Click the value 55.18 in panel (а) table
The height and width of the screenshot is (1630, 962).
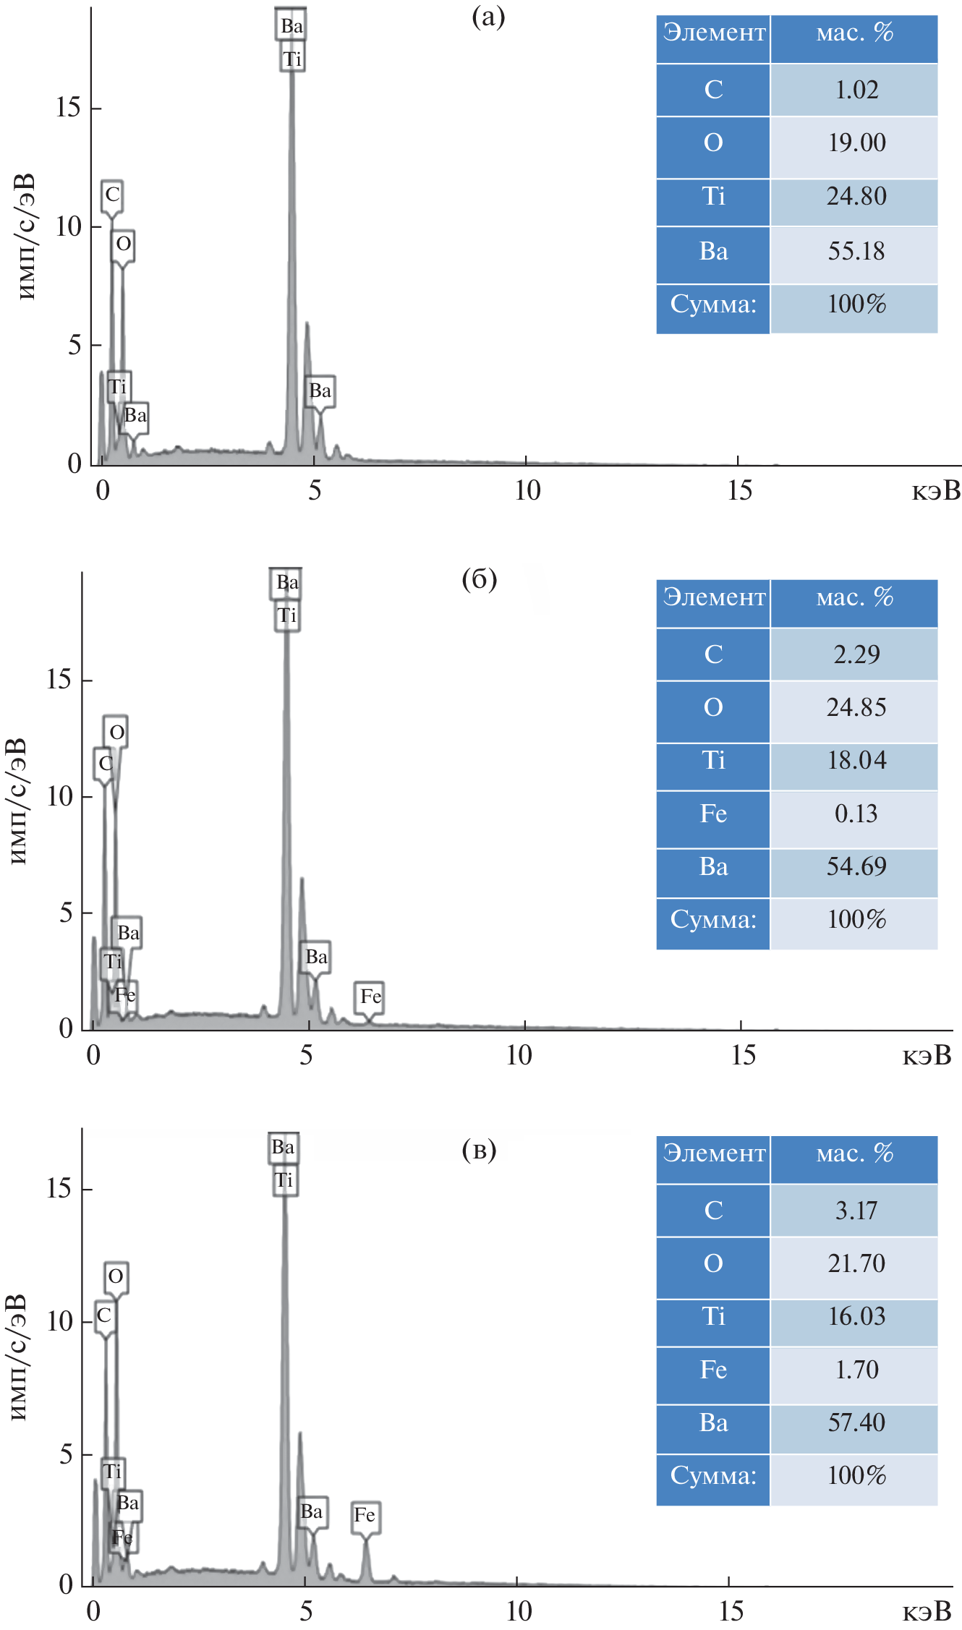[x=856, y=251]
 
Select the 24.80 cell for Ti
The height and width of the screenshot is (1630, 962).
[x=856, y=196]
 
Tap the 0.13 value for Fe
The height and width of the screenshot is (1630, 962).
[x=856, y=814]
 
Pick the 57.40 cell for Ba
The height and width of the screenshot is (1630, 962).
[x=856, y=1422]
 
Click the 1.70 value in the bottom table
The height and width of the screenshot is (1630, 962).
[x=856, y=1369]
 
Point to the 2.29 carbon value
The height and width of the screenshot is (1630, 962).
[x=856, y=654]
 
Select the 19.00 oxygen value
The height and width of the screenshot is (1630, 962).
[x=856, y=142]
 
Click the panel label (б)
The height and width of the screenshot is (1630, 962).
[x=480, y=579]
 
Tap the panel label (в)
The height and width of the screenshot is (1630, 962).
[x=480, y=1149]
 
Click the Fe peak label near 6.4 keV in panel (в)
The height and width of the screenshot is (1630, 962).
[x=365, y=1514]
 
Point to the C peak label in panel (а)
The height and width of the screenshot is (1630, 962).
[x=112, y=195]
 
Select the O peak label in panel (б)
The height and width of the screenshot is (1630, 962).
[x=116, y=733]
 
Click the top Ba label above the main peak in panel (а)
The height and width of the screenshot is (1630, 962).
[x=291, y=25]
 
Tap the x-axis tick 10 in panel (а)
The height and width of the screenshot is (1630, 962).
[x=527, y=490]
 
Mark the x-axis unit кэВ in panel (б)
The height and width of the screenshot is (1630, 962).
[x=927, y=1055]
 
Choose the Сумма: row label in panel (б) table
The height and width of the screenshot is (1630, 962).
[x=713, y=920]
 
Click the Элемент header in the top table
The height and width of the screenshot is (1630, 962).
[x=714, y=33]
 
